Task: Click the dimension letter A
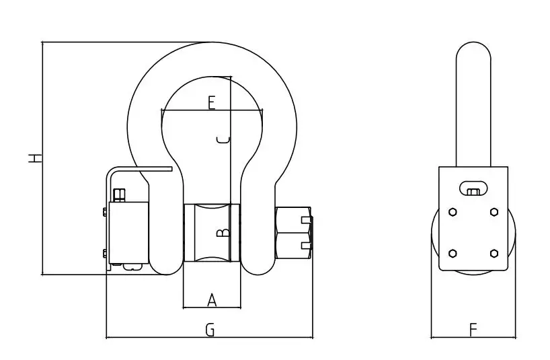coord(212,300)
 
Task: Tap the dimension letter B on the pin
coord(225,233)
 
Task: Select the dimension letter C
coord(225,140)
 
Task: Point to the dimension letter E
coord(211,103)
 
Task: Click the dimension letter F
coord(473,330)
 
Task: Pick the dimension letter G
coord(210,330)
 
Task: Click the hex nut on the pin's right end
coord(294,232)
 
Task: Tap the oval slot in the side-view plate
coord(473,186)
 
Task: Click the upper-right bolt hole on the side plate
coord(494,211)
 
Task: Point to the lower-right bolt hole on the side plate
coord(494,253)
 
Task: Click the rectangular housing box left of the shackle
coord(128,232)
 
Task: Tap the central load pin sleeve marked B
coord(211,233)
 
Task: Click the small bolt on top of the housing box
coord(120,196)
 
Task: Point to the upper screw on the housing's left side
coord(105,213)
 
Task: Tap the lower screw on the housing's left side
coord(105,253)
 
